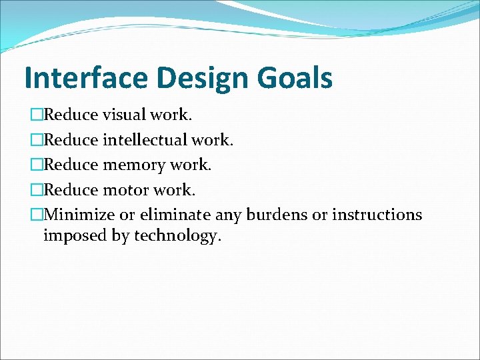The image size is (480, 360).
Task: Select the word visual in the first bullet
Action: point(125,115)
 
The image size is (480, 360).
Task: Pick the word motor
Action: point(125,190)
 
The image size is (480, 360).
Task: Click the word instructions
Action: point(377,215)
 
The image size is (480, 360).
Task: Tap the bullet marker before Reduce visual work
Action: point(36,115)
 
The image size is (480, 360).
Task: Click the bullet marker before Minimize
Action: point(36,215)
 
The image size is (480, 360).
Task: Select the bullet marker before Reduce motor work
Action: point(36,190)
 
